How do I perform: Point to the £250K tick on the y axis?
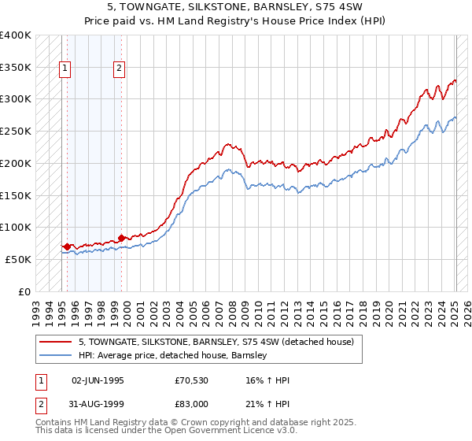[16, 131]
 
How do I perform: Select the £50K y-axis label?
[18, 259]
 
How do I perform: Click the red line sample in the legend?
[55, 342]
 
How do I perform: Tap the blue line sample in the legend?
[55, 355]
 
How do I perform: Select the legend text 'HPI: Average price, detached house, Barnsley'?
[173, 355]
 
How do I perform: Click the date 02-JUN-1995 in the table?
[98, 380]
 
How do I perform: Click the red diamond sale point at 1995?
[67, 246]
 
